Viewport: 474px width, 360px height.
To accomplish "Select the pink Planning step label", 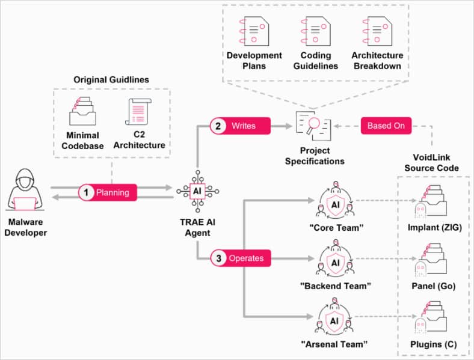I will pos(108,193).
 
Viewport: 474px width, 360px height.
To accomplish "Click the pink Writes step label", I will pos(240,126).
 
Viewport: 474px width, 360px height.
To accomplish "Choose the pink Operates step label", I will pos(240,258).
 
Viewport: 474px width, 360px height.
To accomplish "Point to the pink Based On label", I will pos(386,126).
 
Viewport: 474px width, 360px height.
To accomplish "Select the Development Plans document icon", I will pos(254,29).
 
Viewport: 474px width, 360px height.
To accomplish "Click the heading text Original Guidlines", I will pos(111,79).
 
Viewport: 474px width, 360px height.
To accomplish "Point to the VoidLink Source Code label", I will pos(432,163).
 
